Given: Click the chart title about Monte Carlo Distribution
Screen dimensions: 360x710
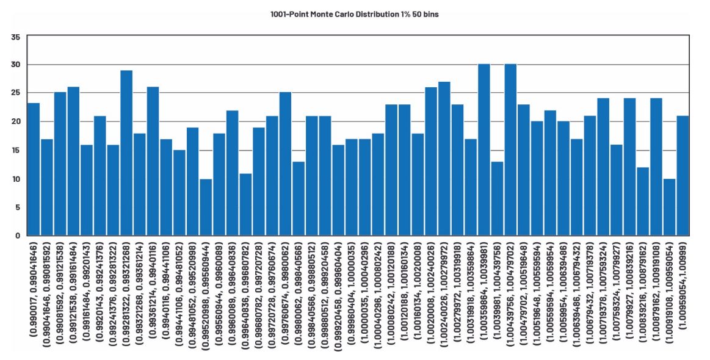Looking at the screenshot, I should click(x=354, y=14).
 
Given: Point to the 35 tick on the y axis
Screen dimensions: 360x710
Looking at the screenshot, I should click(x=15, y=37).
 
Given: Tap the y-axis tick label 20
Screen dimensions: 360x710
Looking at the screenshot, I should click(x=15, y=121).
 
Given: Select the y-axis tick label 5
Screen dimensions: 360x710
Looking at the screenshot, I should click(x=18, y=207).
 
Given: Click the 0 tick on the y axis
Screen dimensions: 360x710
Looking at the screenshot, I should click(x=18, y=236).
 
